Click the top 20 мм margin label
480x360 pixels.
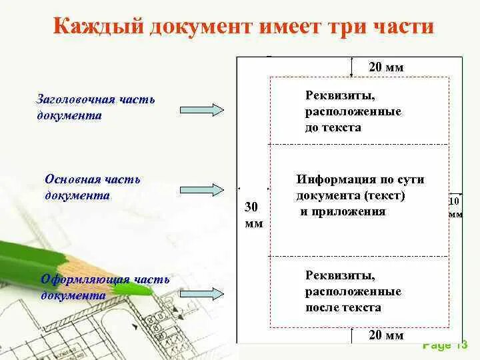386,67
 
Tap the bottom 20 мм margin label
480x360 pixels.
386,335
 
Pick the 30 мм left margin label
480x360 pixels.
254,215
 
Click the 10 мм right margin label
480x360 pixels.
455,207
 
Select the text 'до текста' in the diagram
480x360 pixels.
333,127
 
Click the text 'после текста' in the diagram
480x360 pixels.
343,308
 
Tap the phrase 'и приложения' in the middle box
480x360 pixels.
343,212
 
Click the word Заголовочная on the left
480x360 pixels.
75,100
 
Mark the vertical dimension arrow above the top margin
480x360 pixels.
351,67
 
